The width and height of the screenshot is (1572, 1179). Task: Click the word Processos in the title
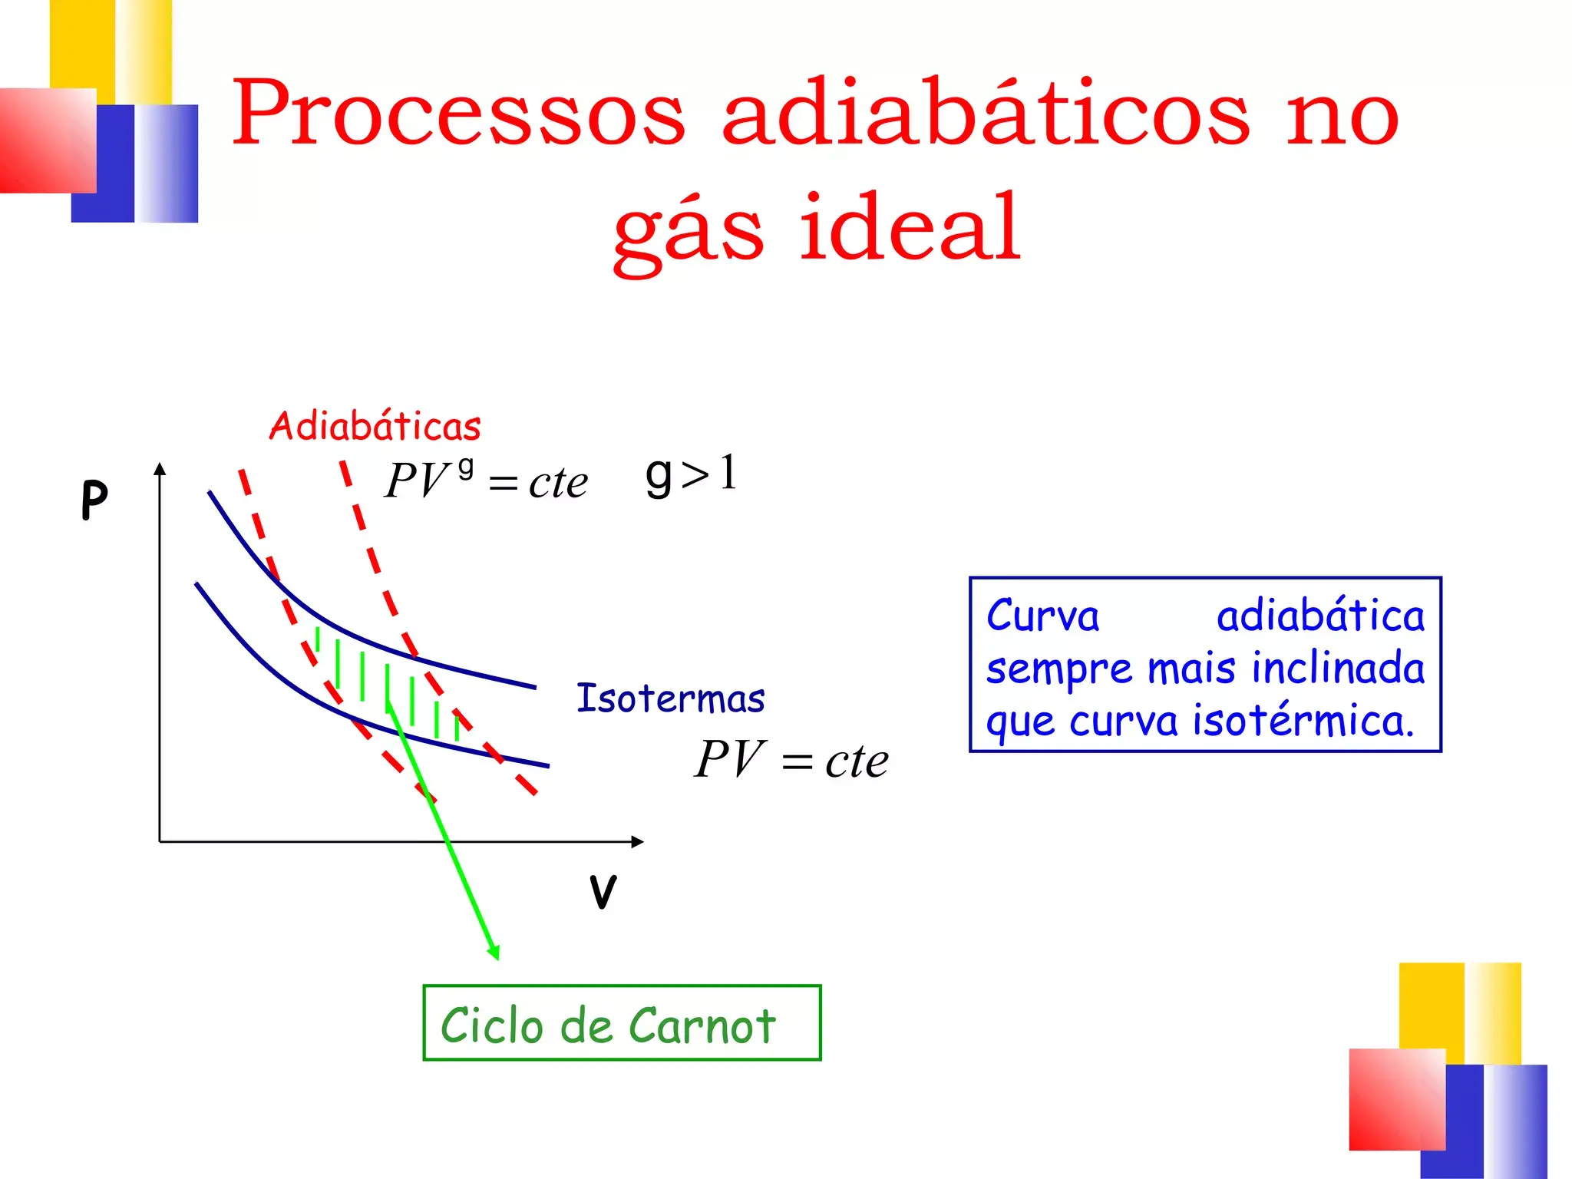point(457,114)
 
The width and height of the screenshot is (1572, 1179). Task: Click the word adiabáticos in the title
point(986,114)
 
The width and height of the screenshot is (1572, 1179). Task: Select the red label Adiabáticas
point(375,427)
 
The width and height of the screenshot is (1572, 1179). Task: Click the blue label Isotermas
point(670,698)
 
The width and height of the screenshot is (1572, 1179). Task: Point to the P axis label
point(94,500)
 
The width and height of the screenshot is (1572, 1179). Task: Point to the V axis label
point(603,892)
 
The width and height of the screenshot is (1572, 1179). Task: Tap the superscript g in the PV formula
point(465,468)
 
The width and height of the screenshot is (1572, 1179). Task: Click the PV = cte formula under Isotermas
point(791,761)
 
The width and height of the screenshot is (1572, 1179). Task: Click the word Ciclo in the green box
point(491,1025)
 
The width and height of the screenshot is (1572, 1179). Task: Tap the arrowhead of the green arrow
point(494,953)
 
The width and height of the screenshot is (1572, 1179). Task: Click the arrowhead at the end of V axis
point(638,842)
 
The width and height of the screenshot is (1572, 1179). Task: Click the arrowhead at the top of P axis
point(160,468)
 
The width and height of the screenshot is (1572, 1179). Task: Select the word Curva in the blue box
point(1042,616)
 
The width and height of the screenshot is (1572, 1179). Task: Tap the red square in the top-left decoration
point(48,141)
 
